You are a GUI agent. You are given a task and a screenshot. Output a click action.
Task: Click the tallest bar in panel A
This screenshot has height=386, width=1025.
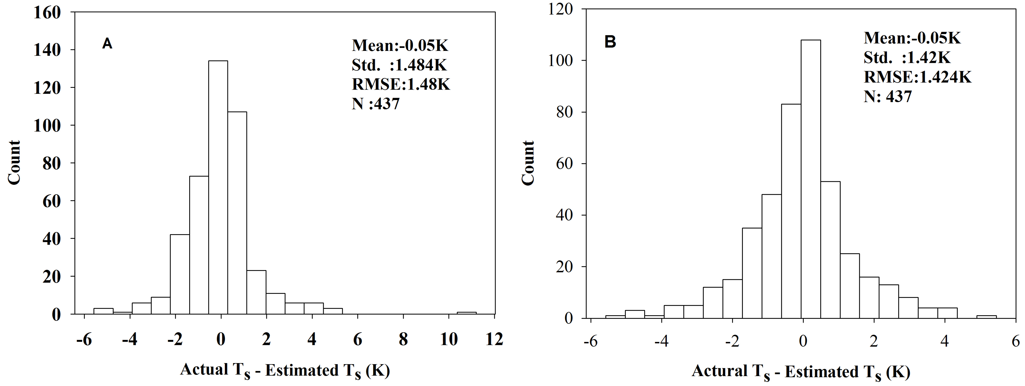tap(218, 187)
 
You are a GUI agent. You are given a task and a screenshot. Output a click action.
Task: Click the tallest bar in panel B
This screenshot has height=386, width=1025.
tap(811, 179)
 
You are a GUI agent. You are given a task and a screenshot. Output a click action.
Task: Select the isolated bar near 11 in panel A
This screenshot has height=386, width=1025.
tap(466, 313)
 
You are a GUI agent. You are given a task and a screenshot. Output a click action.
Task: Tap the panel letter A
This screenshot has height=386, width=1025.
tap(107, 44)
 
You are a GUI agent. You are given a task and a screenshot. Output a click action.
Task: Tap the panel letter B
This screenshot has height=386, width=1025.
tap(610, 42)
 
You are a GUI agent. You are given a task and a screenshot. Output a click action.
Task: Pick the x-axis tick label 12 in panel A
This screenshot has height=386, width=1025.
tap(494, 339)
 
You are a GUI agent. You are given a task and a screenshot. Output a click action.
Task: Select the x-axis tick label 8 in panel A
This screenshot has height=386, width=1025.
tap(403, 339)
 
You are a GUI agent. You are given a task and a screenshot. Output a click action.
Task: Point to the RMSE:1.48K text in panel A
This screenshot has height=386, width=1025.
tap(401, 84)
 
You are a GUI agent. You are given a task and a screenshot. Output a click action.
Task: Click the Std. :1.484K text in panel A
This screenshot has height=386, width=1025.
tap(399, 65)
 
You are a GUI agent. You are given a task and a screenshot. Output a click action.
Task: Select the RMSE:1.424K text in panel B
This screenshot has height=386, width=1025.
tap(918, 77)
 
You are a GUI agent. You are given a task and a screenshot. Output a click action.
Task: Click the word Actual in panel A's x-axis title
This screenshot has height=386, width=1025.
tap(204, 370)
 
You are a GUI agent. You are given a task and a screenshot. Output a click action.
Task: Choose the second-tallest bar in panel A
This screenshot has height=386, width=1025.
tap(237, 213)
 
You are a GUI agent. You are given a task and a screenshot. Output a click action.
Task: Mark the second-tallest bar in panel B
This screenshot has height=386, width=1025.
tap(791, 211)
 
